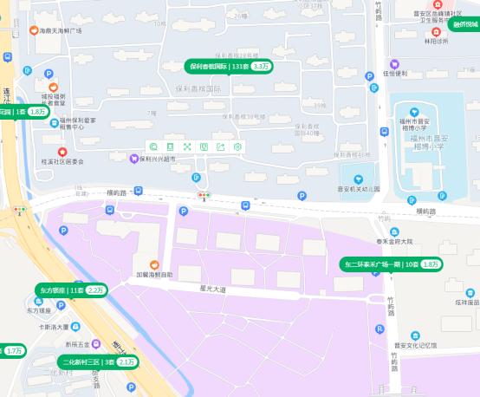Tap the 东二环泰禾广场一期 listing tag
click(392, 264)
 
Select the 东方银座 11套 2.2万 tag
click(71, 290)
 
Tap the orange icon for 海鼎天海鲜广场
click(33, 30)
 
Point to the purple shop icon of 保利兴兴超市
click(133, 159)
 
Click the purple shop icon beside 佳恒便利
click(394, 63)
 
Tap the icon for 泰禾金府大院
click(394, 232)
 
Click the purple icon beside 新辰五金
click(96, 343)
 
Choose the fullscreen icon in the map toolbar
click(187, 146)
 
